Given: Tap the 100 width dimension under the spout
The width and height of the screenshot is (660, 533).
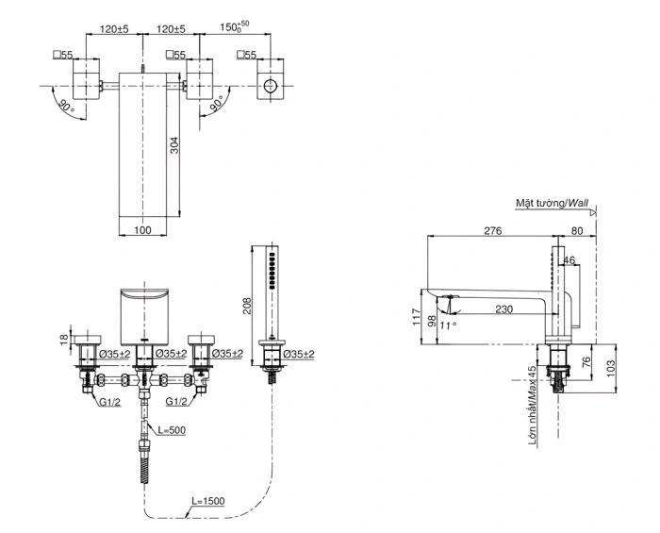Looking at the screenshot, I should click(142, 229).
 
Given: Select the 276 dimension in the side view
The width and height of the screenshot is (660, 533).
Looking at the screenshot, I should click(492, 230).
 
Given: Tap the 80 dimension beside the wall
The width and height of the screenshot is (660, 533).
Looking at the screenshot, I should click(576, 230).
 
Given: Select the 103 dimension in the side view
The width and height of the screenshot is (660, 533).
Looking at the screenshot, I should click(610, 364).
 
